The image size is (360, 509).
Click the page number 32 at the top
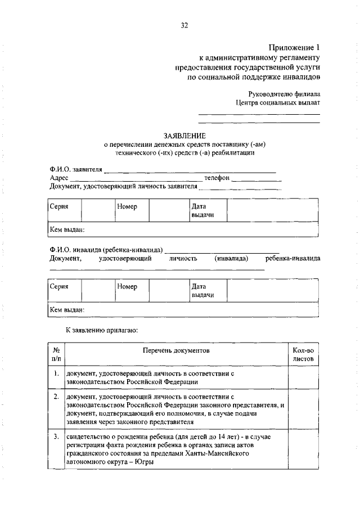pyautogui.click(x=184, y=25)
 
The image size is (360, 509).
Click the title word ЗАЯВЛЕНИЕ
pyautogui.click(x=184, y=136)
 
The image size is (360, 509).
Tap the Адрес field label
pyautogui.click(x=59, y=178)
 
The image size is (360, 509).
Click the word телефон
pyautogui.click(x=217, y=178)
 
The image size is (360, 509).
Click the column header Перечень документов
pyautogui.click(x=176, y=350)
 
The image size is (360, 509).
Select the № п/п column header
pyautogui.click(x=57, y=355)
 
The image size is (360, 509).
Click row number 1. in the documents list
pyautogui.click(x=57, y=373)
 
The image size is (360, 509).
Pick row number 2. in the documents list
pyautogui.click(x=57, y=397)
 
